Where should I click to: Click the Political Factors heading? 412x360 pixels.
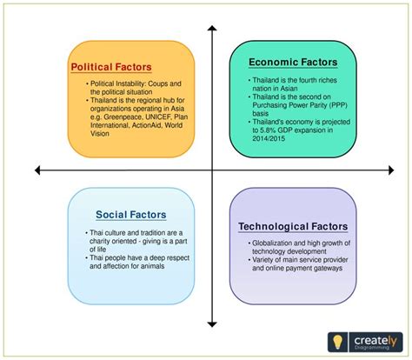(110, 66)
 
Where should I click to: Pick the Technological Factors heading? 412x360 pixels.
(294, 227)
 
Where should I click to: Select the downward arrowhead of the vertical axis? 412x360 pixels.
(210, 323)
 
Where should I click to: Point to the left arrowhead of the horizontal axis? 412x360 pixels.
(36, 168)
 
